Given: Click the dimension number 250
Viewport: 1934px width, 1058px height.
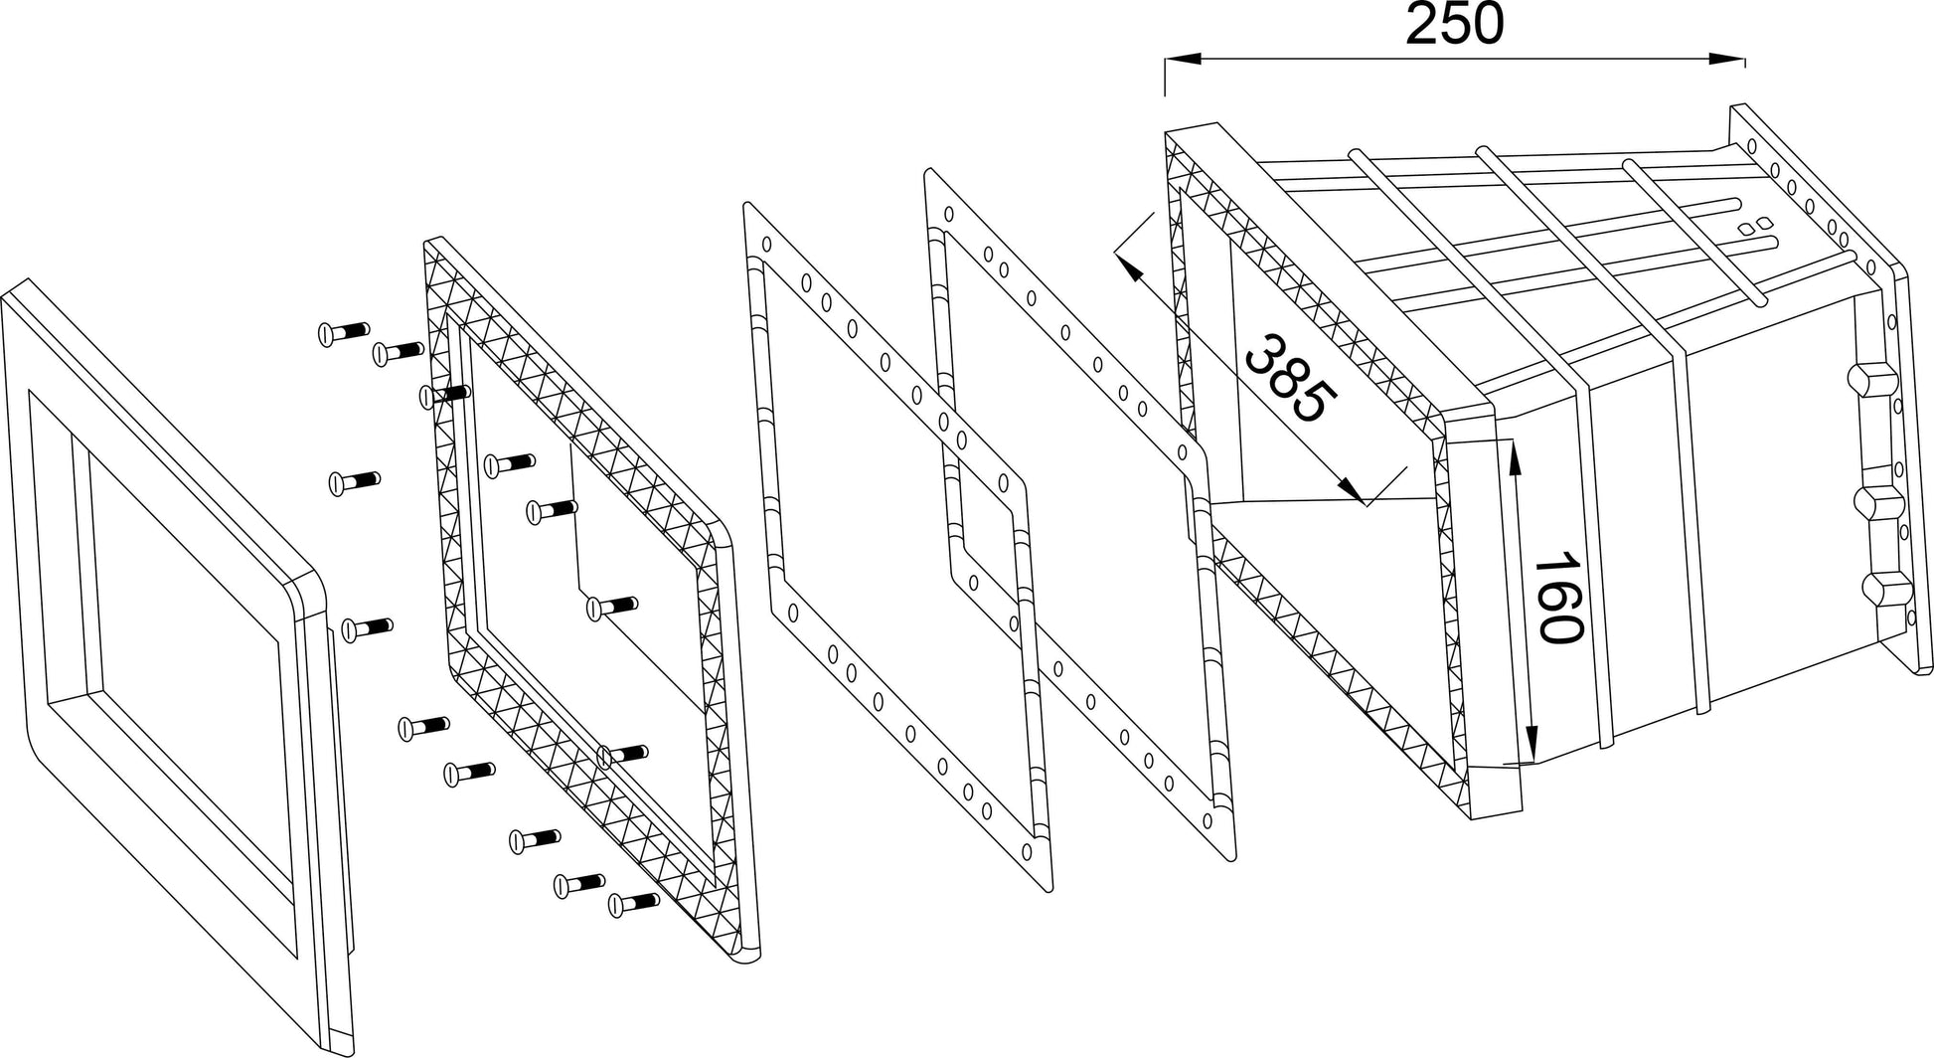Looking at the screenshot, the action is pos(1454,27).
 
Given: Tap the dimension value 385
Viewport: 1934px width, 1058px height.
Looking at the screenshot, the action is pos(1290,381).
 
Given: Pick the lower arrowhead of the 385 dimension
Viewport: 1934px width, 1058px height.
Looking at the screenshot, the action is pos(1350,487).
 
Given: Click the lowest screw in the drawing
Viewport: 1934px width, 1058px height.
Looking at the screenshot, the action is pos(634,903).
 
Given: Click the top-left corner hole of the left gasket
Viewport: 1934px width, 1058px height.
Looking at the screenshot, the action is pos(767,245).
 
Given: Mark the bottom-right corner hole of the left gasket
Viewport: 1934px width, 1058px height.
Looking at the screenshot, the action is pos(1027,850).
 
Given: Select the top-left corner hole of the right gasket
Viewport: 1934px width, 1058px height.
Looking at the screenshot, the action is pos(948,213).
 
